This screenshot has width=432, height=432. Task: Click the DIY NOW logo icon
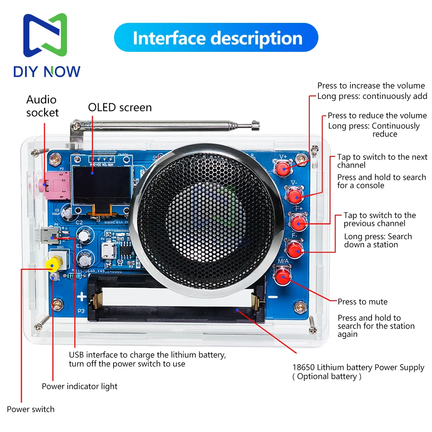point(45,37)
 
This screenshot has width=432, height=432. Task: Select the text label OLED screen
point(120,107)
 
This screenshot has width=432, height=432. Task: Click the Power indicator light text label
point(79,386)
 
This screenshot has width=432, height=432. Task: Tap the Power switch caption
point(31,409)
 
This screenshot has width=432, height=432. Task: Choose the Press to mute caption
point(362,302)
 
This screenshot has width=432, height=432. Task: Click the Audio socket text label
point(42,106)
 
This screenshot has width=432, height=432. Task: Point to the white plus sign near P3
point(82,297)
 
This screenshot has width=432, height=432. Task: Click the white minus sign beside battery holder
point(272,297)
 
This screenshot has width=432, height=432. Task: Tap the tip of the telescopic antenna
point(255,126)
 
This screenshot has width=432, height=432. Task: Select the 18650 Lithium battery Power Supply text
point(358,368)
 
